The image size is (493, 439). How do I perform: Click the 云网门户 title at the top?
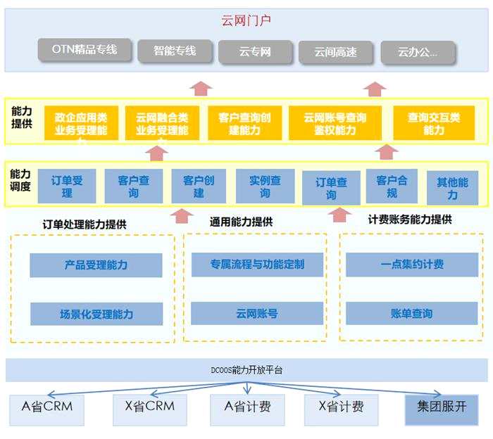pyautogui.click(x=246, y=20)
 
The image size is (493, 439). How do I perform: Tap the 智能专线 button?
pyautogui.click(x=175, y=51)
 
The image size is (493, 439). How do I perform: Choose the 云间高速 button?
pyautogui.click(x=335, y=52)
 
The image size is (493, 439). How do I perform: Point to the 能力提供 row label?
pyautogui.click(x=21, y=117)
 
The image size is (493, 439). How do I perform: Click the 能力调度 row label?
pyautogui.click(x=20, y=180)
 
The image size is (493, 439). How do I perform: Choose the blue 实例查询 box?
pyautogui.click(x=265, y=186)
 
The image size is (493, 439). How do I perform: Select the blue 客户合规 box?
pyautogui.click(x=392, y=186)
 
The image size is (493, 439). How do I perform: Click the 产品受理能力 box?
pyautogui.click(x=96, y=265)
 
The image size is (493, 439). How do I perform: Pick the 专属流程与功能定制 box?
pyautogui.click(x=257, y=265)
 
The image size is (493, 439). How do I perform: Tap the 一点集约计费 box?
pyautogui.click(x=412, y=265)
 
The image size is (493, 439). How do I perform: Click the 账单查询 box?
pyautogui.click(x=412, y=313)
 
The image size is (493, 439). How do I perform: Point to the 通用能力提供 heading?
pyautogui.click(x=241, y=222)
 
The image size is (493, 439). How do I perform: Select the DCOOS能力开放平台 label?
pyautogui.click(x=246, y=369)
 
